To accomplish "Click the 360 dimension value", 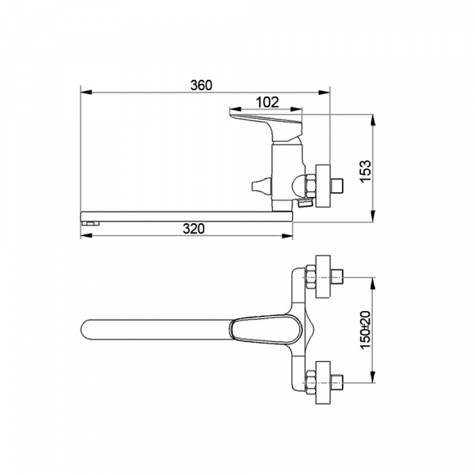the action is pos(201,85).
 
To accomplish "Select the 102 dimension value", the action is pos(268,102).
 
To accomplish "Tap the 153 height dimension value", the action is pos(366,171).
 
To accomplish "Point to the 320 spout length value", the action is pos(194,229).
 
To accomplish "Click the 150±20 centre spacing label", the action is pos(366,330).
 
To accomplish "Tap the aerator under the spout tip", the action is pos(90,223).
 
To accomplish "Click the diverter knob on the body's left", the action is pos(260,187).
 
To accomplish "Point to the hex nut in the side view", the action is pos(311,185).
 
